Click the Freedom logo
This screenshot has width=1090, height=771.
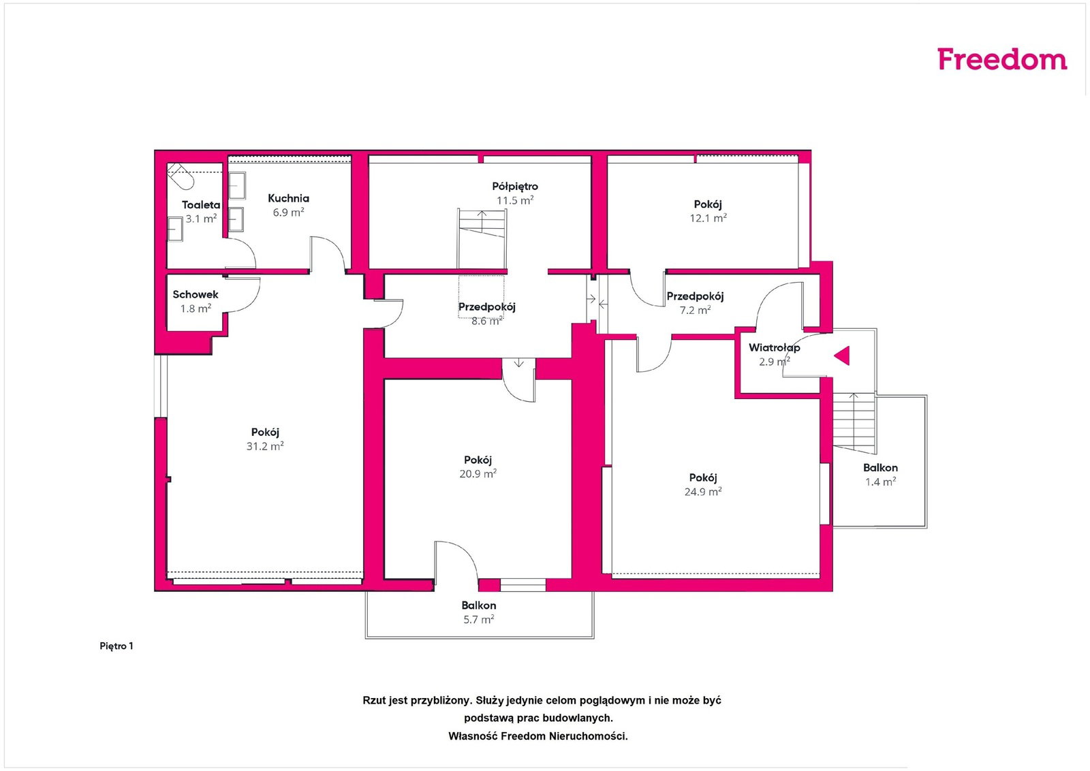(1002, 59)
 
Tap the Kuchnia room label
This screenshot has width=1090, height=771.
(288, 198)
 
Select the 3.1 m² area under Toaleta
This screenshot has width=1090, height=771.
(201, 219)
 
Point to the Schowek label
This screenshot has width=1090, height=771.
(195, 294)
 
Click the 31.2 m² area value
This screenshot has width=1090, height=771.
(265, 446)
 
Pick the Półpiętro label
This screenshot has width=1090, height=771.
(515, 187)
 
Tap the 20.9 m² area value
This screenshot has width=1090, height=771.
(478, 473)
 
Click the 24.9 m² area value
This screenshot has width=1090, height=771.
(702, 491)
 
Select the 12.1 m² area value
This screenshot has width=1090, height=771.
(708, 218)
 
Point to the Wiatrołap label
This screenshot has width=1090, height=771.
(774, 347)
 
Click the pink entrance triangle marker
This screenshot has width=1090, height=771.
(842, 356)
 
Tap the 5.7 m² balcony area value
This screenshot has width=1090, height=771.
(479, 619)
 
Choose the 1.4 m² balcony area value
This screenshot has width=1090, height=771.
(880, 482)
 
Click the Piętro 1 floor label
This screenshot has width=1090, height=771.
(116, 646)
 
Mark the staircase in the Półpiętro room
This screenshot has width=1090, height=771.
(482, 238)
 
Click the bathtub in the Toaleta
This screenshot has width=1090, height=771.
(181, 176)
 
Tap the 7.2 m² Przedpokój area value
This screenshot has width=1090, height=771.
(695, 310)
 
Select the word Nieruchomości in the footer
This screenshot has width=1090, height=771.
(588, 736)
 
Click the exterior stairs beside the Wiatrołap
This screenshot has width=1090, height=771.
(854, 423)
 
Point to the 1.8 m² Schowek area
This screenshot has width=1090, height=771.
(196, 309)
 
